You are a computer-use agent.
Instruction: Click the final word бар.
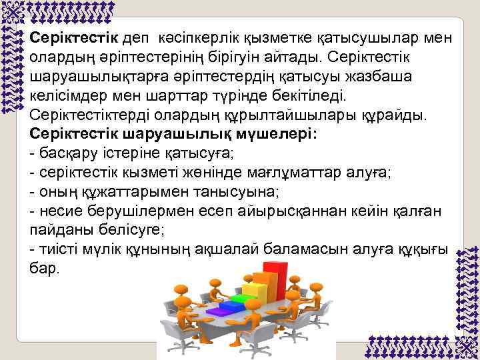pos(45,269)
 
